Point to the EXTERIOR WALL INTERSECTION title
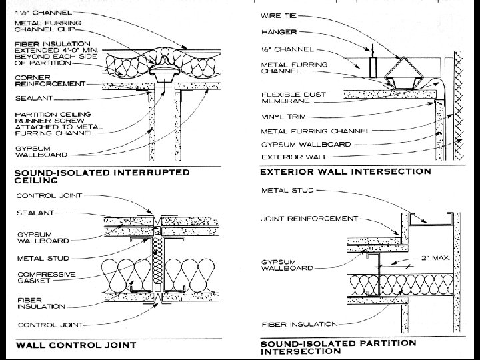coord(345,171)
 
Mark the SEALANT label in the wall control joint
coord(31,213)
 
